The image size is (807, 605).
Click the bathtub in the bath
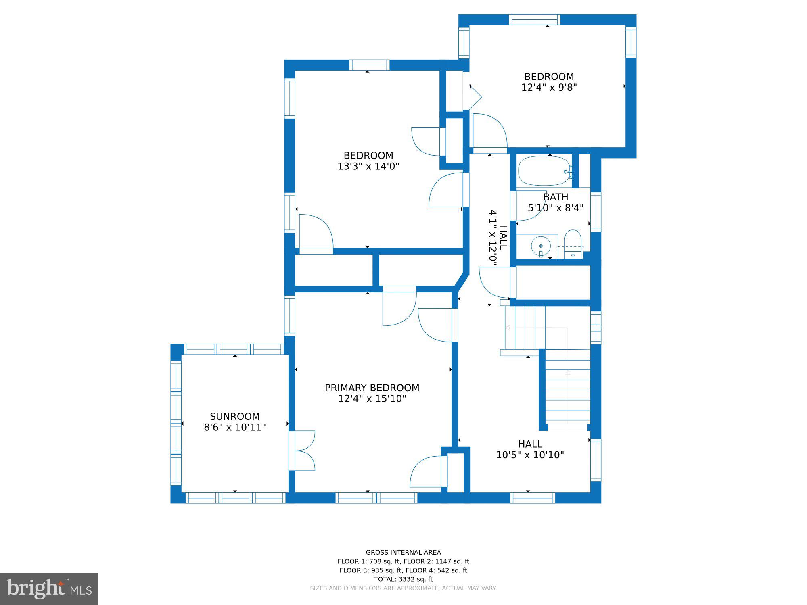pyautogui.click(x=545, y=171)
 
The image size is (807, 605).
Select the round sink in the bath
pyautogui.click(x=541, y=245)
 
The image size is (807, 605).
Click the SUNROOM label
pyautogui.click(x=235, y=416)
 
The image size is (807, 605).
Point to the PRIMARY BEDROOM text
pyautogui.click(x=372, y=388)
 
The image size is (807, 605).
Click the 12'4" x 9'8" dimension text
pyautogui.click(x=549, y=88)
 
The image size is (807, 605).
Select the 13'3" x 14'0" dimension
pyautogui.click(x=368, y=166)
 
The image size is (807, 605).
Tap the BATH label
pyautogui.click(x=556, y=197)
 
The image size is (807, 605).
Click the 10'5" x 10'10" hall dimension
pyautogui.click(x=530, y=455)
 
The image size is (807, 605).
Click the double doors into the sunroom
pyautogui.click(x=302, y=451)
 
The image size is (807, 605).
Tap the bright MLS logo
pyautogui.click(x=49, y=588)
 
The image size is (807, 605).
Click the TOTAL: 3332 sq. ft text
pyautogui.click(x=403, y=579)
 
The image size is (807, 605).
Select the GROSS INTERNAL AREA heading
pyautogui.click(x=403, y=553)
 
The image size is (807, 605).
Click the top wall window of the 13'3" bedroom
pyautogui.click(x=369, y=65)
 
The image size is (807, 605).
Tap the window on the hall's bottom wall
pyautogui.click(x=533, y=498)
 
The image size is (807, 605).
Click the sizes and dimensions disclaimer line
pyautogui.click(x=403, y=588)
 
